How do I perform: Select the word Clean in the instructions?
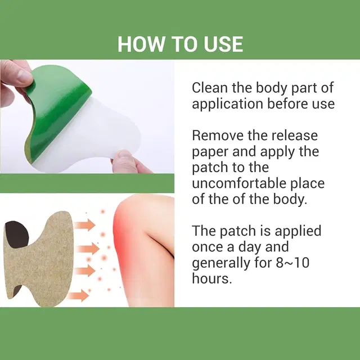tap(209, 88)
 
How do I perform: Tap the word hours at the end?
tap(211, 279)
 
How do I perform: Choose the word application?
tap(226, 105)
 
